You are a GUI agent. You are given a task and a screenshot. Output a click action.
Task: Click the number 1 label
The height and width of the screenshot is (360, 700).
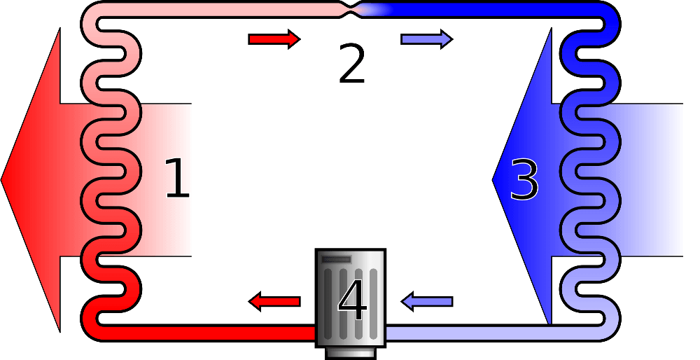coord(176,179)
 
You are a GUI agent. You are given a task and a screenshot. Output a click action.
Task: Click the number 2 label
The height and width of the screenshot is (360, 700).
coord(351,64)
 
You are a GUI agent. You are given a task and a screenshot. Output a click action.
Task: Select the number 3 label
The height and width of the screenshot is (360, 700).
coord(524,180)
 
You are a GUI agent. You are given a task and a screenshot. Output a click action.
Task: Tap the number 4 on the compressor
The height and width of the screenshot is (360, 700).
coord(351,301)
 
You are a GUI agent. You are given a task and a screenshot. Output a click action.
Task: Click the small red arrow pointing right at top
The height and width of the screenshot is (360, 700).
coord(274,39)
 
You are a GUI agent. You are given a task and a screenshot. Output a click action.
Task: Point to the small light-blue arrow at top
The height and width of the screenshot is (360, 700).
coord(426,39)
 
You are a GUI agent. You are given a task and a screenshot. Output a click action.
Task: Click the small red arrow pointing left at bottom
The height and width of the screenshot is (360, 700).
coord(274,302)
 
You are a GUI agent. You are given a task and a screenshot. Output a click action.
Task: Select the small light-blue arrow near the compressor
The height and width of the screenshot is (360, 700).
coord(427,302)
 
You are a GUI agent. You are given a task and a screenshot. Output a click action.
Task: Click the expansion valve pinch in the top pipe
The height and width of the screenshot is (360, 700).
coord(351,10)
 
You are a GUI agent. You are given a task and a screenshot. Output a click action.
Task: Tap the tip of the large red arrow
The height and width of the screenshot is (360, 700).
coord(3,180)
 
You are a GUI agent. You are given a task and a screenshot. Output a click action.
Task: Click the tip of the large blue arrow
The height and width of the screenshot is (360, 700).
coord(495,180)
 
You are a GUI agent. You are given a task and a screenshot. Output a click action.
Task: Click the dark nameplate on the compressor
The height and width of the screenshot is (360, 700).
coord(336,259)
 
